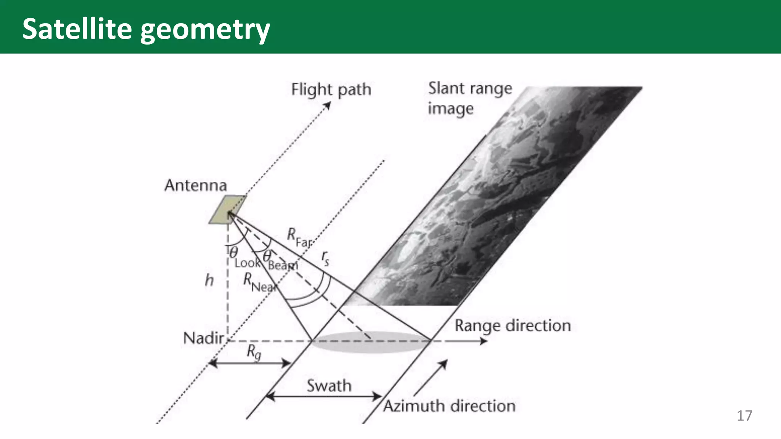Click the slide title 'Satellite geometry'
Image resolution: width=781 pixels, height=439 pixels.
[146, 29]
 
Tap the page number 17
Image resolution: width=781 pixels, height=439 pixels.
[744, 415]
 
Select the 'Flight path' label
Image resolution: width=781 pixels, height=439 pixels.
[331, 90]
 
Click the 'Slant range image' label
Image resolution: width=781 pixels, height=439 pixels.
[469, 98]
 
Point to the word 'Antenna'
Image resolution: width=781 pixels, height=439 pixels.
[196, 186]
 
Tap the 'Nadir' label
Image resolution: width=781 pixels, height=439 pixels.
[203, 338]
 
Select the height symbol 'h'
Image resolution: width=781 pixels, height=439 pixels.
[209, 280]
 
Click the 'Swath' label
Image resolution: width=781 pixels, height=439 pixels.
[329, 386]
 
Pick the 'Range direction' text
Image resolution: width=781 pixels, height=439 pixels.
[513, 326]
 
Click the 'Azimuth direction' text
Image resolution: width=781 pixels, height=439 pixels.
[449, 406]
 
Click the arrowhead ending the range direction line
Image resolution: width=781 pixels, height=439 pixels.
[484, 341]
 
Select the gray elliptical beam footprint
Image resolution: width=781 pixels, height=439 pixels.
[370, 341]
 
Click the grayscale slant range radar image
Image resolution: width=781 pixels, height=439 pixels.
[496, 198]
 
